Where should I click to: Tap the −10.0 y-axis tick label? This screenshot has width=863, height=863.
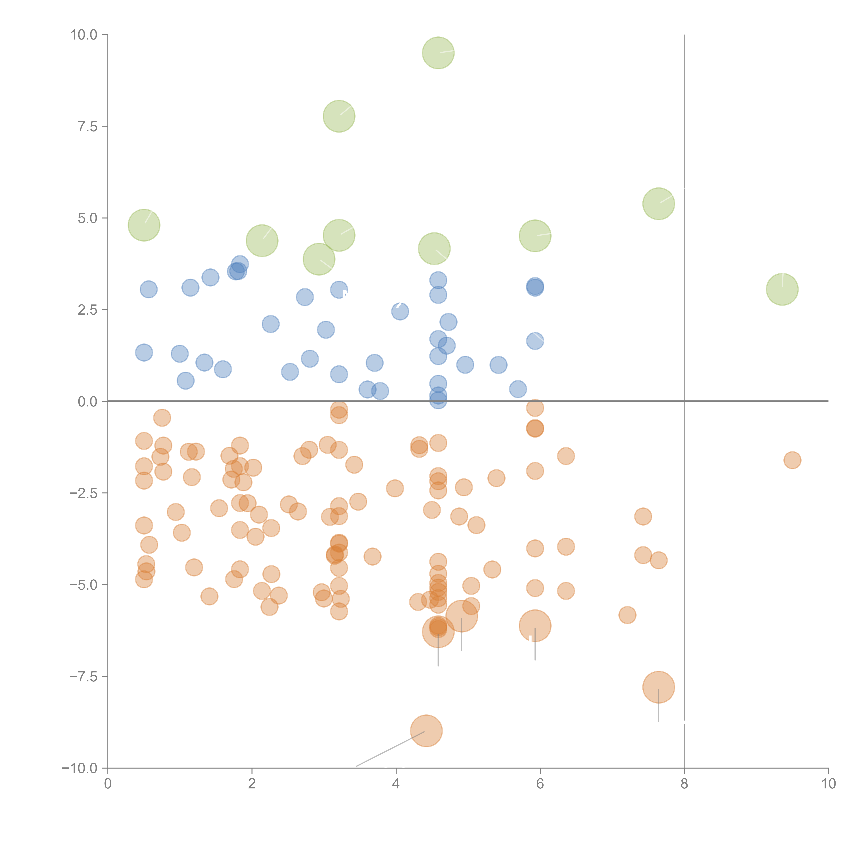click(x=80, y=768)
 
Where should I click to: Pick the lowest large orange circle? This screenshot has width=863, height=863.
click(x=426, y=731)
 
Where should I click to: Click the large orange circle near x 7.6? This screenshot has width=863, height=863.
click(x=658, y=687)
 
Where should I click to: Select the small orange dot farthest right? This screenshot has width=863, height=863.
click(x=792, y=460)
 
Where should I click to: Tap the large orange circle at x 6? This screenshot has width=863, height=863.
click(x=535, y=625)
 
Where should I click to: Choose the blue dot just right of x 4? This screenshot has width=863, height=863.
click(x=400, y=311)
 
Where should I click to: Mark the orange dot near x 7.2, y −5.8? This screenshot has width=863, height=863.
click(x=627, y=615)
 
